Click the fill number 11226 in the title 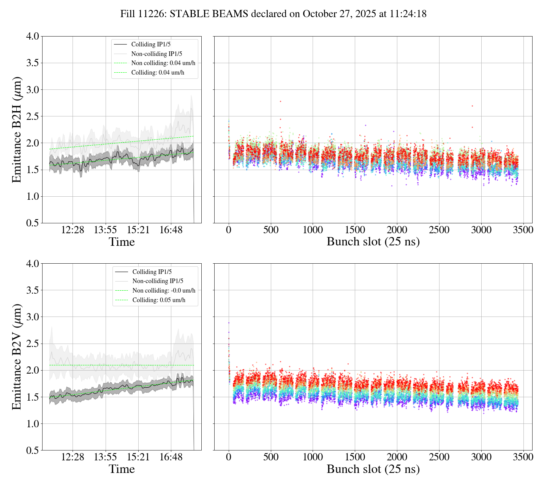pos(153,14)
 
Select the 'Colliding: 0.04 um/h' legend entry pos(158,72)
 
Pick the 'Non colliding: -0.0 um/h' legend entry pos(164,290)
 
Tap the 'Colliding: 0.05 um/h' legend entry pos(159,300)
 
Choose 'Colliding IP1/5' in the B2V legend pos(152,272)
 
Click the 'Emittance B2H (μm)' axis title pos(17,129)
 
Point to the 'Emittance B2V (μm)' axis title pos(17,356)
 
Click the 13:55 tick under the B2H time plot pos(105,230)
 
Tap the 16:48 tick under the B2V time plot pos(171,457)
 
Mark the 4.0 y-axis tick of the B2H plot pos(32,37)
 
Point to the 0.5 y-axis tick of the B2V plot pos(32,450)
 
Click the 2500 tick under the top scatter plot pos(439,230)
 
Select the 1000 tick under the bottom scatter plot pos(313,457)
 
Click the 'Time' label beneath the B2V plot pos(122,469)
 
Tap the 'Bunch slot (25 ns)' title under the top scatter pos(373,242)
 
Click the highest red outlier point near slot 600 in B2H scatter pos(280,101)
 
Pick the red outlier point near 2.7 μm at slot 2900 pos(472,106)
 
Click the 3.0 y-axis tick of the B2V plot pos(32,317)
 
